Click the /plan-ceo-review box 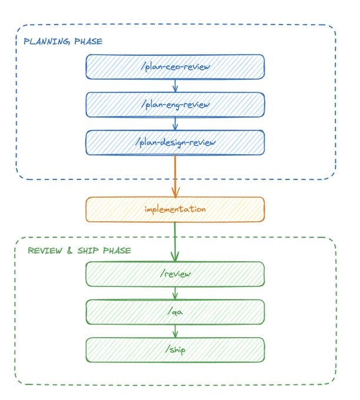(x=175, y=66)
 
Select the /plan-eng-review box (x=175, y=104)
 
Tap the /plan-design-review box (x=175, y=142)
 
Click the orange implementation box (x=175, y=209)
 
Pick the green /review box (x=175, y=274)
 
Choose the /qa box (x=175, y=311)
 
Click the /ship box (x=175, y=349)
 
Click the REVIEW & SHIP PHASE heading (x=79, y=250)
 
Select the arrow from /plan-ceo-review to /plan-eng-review (x=175, y=85)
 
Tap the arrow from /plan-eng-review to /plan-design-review (x=175, y=123)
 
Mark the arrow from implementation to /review (x=175, y=241)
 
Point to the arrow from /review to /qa (x=175, y=293)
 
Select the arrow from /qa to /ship (x=175, y=330)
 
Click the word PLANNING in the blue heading (x=42, y=42)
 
